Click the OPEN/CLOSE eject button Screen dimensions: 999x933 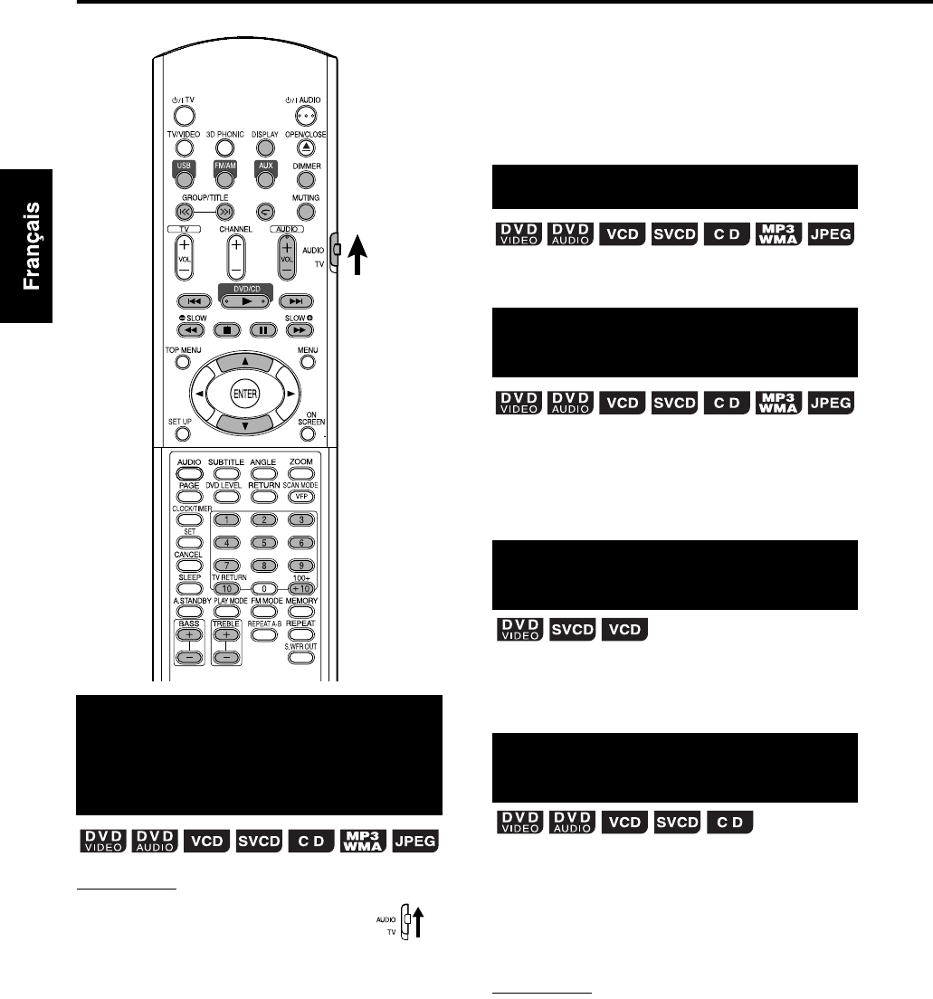[307, 147]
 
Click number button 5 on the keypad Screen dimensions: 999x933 [263, 542]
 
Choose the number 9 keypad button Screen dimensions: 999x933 [300, 565]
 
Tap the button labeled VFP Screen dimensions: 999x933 [301, 496]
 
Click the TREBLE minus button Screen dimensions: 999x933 [224, 657]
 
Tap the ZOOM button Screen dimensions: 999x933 [301, 472]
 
